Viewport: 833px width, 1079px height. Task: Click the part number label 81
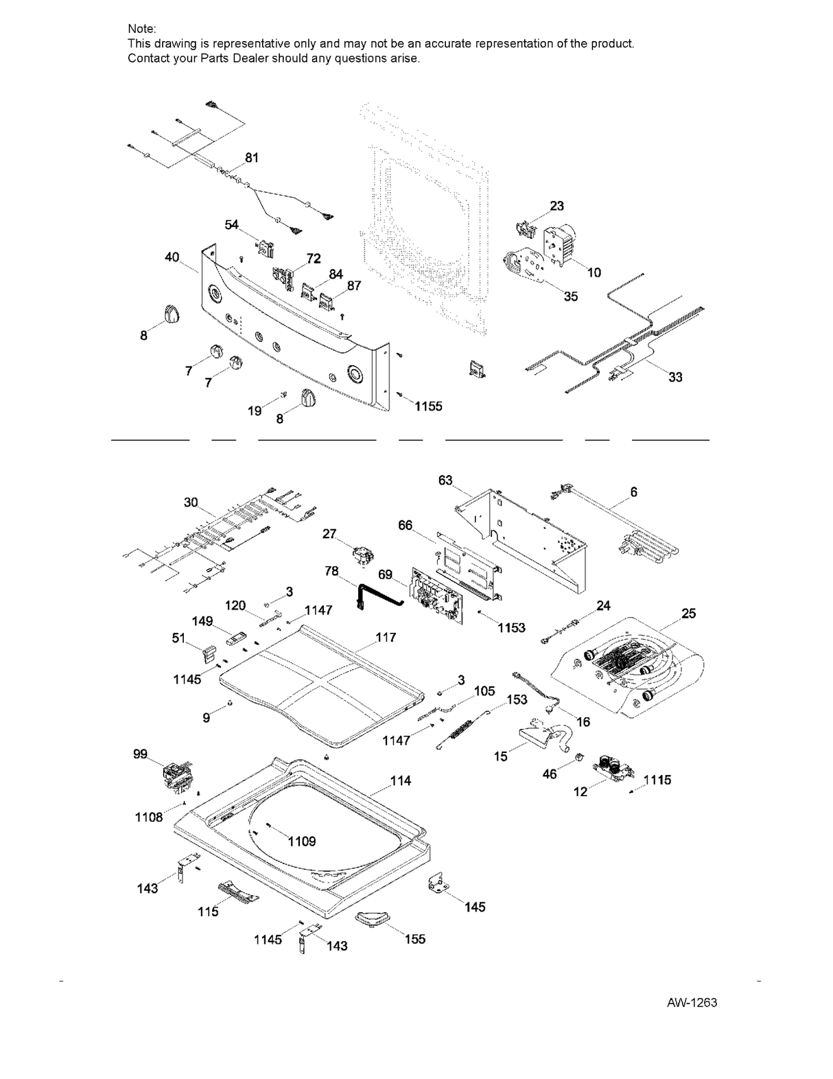tap(252, 158)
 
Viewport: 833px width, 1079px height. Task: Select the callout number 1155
tap(428, 406)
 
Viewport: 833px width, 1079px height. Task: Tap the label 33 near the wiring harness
tap(675, 377)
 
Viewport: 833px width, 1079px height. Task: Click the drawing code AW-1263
tap(691, 1003)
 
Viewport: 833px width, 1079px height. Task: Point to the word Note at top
tap(142, 29)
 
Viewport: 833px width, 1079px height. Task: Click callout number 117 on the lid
tap(386, 638)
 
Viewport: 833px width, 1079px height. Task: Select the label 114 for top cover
tap(401, 780)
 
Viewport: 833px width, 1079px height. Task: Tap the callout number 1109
tap(301, 842)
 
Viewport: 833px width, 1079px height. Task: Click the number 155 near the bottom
tap(414, 939)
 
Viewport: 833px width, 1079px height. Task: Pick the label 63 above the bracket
tap(445, 480)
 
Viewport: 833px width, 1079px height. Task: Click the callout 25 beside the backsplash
tap(688, 613)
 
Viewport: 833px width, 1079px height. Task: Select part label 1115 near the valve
tap(657, 780)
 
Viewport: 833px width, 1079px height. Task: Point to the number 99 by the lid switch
tap(140, 754)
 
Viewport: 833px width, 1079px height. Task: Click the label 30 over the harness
tap(191, 502)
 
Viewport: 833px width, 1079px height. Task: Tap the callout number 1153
tap(511, 627)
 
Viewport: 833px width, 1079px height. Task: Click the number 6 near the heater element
tap(633, 492)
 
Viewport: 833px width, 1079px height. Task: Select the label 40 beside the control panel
tap(172, 257)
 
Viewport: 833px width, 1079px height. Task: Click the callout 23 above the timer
tap(556, 206)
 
